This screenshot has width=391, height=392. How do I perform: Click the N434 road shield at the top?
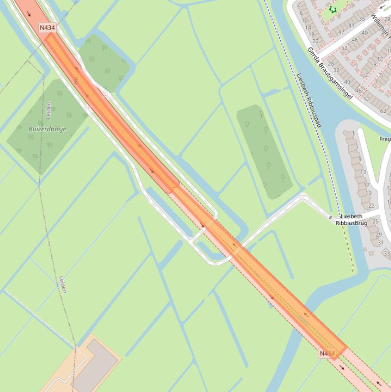[x=47, y=27]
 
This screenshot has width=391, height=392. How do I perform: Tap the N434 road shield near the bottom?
[x=327, y=353]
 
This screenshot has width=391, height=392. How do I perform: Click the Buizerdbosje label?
[x=47, y=129]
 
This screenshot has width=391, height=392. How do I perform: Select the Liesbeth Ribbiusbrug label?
[x=351, y=219]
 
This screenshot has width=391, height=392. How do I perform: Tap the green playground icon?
[x=333, y=9]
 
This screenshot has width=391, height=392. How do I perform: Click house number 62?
[x=383, y=110]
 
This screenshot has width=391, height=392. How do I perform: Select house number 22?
[x=315, y=41]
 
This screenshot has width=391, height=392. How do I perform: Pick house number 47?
[x=341, y=32]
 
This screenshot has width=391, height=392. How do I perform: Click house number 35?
[x=362, y=19]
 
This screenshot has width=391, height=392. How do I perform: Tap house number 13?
[x=363, y=172]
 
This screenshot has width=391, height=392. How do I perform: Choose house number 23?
[x=371, y=206]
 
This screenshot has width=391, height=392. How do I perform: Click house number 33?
[x=386, y=253]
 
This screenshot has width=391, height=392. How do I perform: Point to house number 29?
[x=379, y=234]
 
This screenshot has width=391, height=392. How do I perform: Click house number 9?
[x=360, y=159]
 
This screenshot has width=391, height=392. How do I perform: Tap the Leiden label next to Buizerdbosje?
[x=49, y=109]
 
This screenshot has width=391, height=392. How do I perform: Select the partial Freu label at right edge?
[x=385, y=139]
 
